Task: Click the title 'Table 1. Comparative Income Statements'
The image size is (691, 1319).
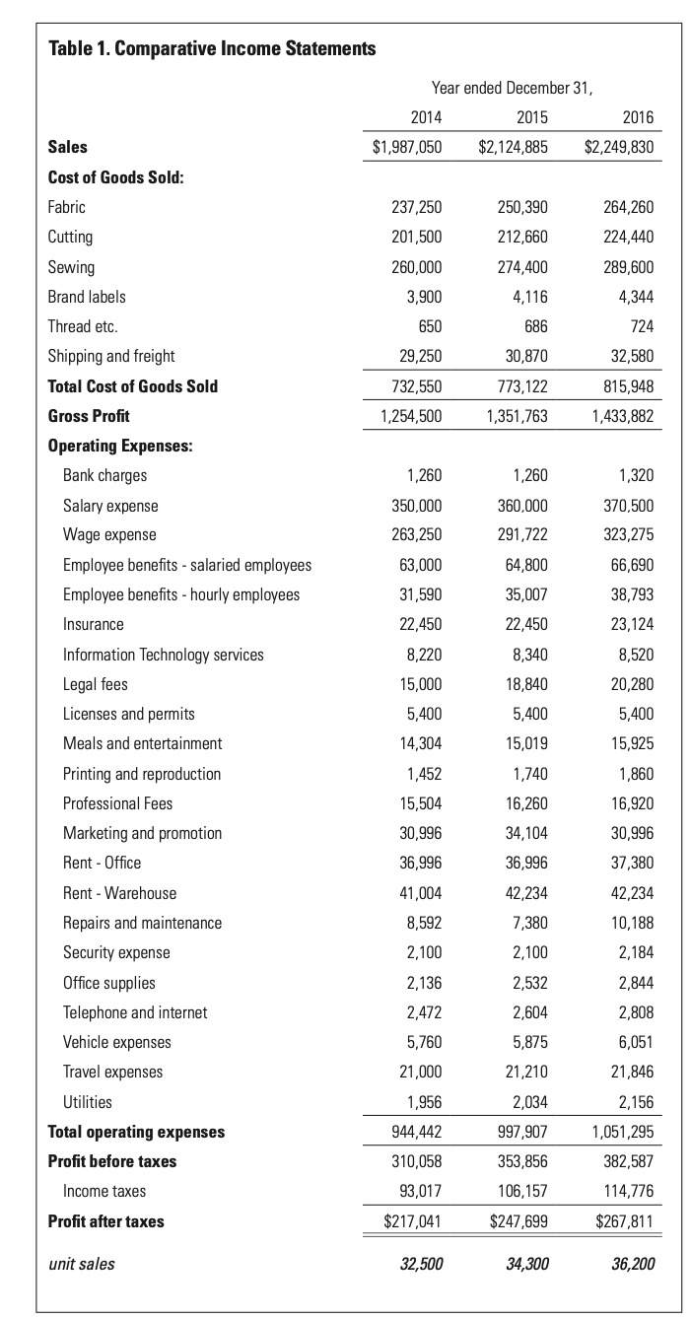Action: pyautogui.click(x=212, y=48)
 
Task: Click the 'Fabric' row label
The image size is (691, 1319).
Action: pyautogui.click(x=67, y=207)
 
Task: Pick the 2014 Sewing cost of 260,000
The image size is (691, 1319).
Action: pyautogui.click(x=417, y=267)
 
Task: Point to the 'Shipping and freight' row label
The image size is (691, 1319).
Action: pyautogui.click(x=111, y=356)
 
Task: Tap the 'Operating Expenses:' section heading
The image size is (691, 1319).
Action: pyautogui.click(x=120, y=446)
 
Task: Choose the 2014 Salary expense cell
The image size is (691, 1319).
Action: pyautogui.click(x=417, y=506)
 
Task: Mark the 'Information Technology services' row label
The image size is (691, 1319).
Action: pyautogui.click(x=164, y=655)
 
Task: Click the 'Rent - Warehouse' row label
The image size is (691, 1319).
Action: pyautogui.click(x=120, y=893)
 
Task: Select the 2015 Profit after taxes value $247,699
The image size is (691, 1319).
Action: pyautogui.click(x=518, y=1221)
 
